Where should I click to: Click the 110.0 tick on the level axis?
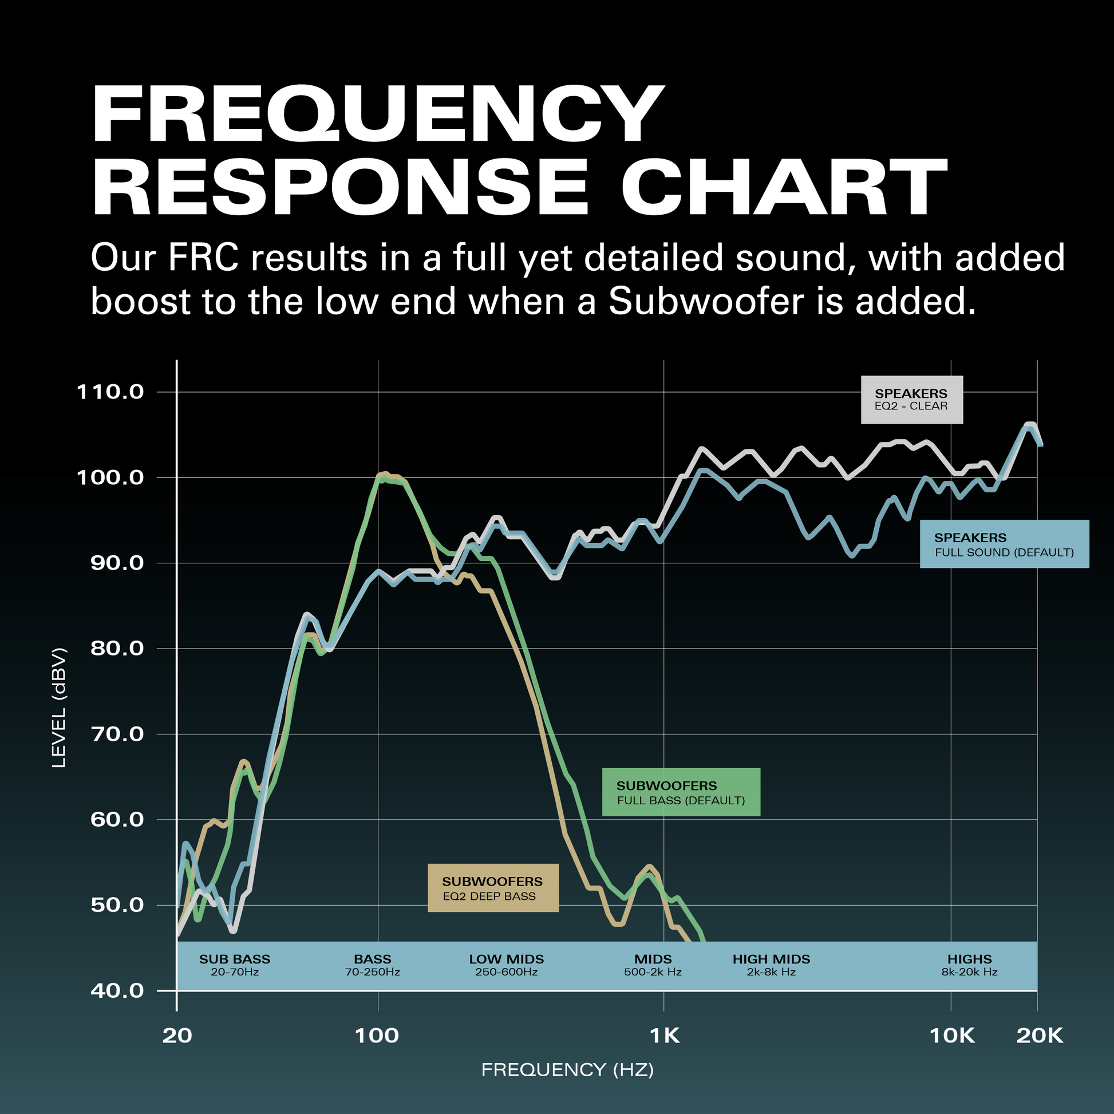coord(109,392)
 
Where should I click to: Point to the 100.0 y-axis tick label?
coord(109,478)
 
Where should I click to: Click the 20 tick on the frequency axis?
coord(177,1036)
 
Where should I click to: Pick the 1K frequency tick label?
coord(664,1036)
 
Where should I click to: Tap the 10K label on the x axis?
coord(952,1036)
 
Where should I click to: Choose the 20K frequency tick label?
coord(1039,1036)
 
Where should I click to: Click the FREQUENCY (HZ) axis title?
coord(567,1070)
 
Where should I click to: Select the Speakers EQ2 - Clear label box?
coord(911,400)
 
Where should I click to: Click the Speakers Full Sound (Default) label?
coord(1004,544)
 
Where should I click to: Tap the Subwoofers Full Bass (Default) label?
coord(681,792)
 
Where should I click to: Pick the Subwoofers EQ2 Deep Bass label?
coord(493,888)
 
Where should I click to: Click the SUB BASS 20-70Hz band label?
coord(235,965)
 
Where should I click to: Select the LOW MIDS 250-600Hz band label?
coord(506,965)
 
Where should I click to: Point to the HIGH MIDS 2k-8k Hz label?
coord(772,965)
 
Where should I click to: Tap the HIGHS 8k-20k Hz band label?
coord(969,965)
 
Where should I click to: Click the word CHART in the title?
coord(784,187)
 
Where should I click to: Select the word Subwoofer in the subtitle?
coord(706,301)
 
